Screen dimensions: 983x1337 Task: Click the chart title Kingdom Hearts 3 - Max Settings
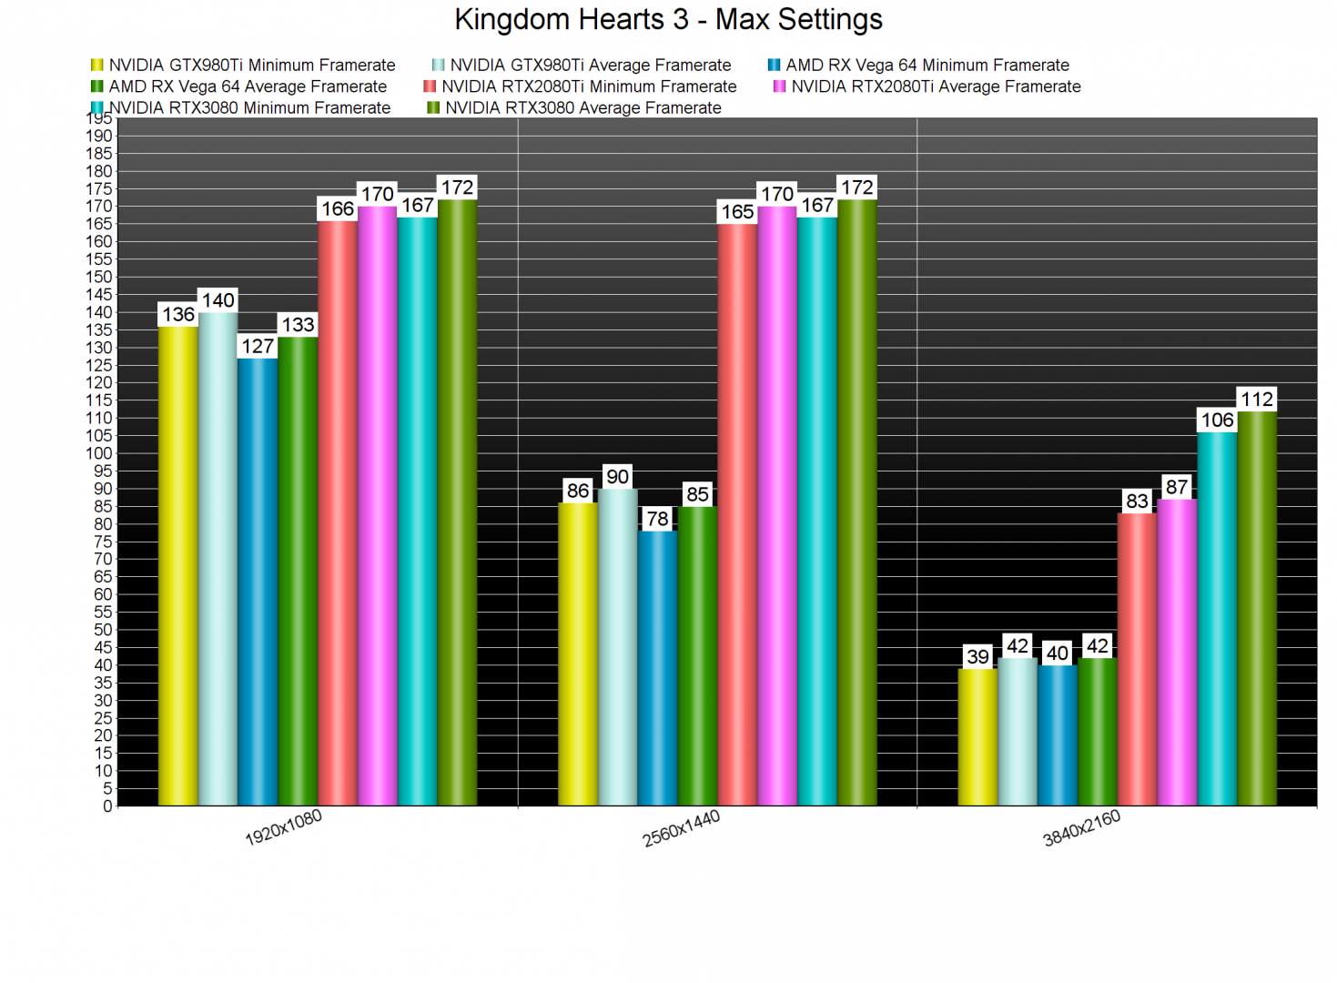click(x=668, y=20)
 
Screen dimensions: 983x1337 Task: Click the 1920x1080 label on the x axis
click(x=283, y=827)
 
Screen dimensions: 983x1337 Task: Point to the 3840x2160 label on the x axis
click(x=1081, y=828)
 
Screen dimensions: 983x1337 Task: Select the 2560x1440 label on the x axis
click(x=681, y=828)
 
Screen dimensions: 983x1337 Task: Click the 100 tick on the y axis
click(x=101, y=453)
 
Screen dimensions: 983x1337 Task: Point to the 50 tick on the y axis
click(x=104, y=630)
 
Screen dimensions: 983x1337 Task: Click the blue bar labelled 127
click(x=258, y=583)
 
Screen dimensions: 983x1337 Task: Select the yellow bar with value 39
click(x=977, y=737)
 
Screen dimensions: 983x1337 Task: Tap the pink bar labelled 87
click(x=1177, y=652)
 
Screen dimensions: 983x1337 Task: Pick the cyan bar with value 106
click(x=1217, y=619)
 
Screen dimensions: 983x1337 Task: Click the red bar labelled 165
click(x=737, y=514)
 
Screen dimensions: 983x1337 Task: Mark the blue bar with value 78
click(x=657, y=668)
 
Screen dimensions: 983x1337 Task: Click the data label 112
click(x=1257, y=400)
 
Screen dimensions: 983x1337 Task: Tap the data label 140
click(x=218, y=301)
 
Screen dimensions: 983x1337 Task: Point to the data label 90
click(x=617, y=477)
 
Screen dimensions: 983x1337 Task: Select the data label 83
click(x=1137, y=502)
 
